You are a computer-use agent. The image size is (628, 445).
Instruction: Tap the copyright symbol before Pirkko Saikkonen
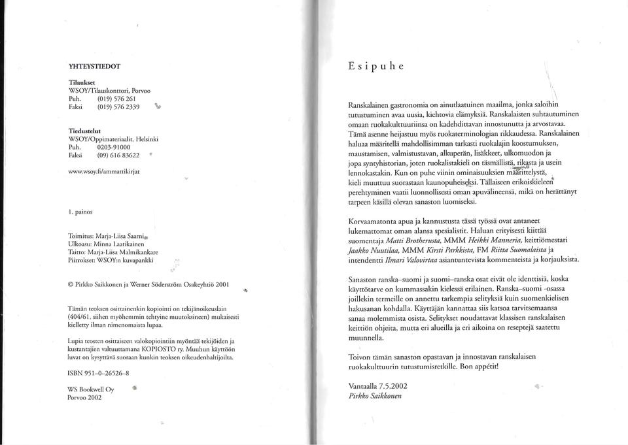pos(71,286)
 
